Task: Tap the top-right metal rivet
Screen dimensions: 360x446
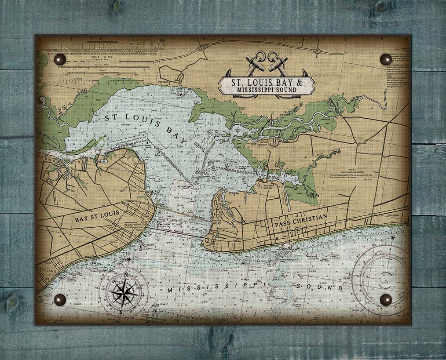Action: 386,59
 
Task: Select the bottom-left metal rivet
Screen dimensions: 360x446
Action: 59,300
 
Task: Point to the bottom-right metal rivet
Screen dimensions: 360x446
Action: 386,299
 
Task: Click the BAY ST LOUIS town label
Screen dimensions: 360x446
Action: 97,218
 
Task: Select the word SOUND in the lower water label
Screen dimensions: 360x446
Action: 320,287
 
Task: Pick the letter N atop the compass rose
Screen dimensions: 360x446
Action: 126,275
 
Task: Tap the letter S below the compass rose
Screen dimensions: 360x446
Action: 121,310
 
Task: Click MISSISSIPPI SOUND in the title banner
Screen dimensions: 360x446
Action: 267,90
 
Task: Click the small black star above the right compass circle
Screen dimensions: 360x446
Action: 392,238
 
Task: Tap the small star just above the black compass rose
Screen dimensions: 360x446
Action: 129,259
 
